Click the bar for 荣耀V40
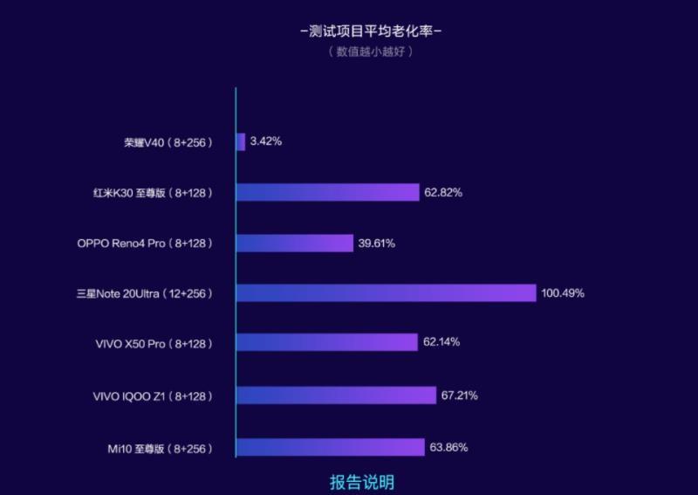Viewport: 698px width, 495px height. coord(241,141)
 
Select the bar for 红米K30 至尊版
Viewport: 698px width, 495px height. coord(327,192)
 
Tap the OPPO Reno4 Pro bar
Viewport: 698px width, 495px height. coord(294,243)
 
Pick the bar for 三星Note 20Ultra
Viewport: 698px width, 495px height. coord(386,293)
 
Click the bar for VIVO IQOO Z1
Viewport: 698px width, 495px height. coord(335,395)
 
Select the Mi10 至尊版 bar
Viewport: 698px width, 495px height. coord(330,447)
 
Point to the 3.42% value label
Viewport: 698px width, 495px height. coord(265,141)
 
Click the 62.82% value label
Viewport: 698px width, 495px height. coord(443,192)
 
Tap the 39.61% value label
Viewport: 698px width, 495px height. coord(376,243)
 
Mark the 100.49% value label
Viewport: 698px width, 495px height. coord(563,293)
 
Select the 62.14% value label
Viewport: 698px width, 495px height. coord(441,342)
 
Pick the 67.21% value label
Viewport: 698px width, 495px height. coord(459,395)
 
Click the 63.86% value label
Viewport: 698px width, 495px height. coord(449,447)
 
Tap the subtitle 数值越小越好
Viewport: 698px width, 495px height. coord(371,52)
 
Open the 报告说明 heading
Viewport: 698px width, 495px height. coord(361,482)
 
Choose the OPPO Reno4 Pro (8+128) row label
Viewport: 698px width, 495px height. coord(145,243)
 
